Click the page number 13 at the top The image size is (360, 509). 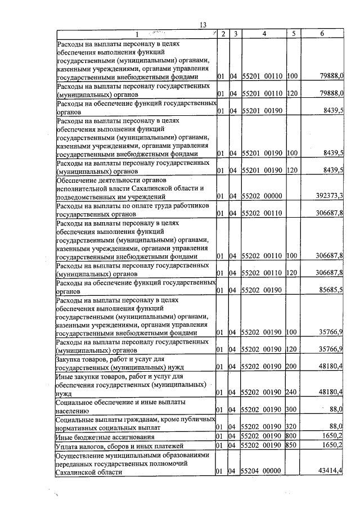click(x=203, y=25)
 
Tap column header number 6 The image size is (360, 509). click(x=321, y=34)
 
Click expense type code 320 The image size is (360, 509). click(x=291, y=426)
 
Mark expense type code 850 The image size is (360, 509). click(x=291, y=445)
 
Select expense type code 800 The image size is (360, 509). click(x=291, y=436)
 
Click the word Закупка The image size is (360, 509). click(x=71, y=358)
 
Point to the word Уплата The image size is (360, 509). click(x=69, y=445)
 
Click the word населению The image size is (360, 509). click(x=75, y=411)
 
